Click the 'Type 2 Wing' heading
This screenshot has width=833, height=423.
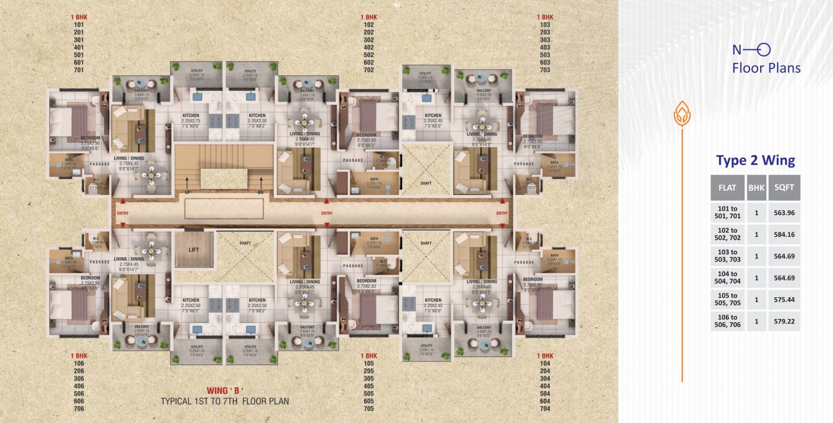tap(755, 161)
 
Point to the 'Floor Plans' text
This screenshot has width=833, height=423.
tap(766, 67)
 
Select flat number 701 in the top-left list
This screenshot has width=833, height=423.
tap(79, 70)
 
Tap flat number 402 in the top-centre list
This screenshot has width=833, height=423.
tap(368, 47)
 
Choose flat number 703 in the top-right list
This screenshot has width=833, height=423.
tap(545, 70)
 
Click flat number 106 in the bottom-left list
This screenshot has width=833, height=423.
tap(79, 363)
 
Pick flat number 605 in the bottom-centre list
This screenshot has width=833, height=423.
tap(368, 401)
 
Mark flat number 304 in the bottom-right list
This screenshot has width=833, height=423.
tap(545, 378)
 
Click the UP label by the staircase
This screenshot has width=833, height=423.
tap(188, 192)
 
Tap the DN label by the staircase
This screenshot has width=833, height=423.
tap(260, 192)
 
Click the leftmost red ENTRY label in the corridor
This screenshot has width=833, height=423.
tap(122, 214)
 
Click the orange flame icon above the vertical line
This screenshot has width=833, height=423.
tap(681, 113)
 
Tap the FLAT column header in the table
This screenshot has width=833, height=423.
tap(727, 186)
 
